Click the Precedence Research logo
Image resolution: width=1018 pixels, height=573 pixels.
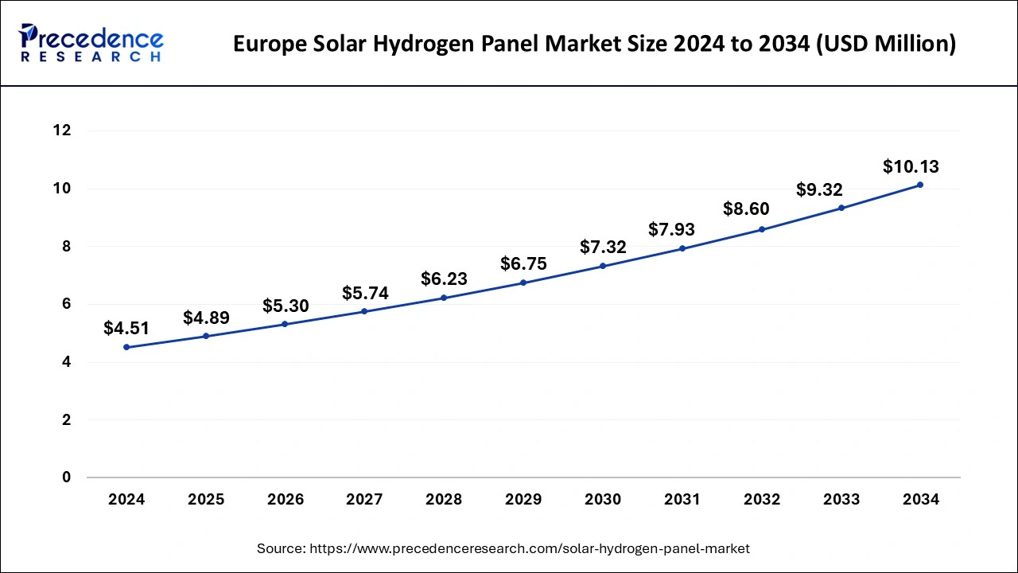[x=91, y=43]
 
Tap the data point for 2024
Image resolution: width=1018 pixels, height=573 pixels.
[x=126, y=347]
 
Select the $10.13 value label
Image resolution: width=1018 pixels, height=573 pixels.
[x=911, y=166]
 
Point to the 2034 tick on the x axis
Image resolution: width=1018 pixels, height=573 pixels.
[x=921, y=500]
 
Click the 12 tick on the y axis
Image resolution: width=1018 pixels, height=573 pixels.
[x=62, y=131]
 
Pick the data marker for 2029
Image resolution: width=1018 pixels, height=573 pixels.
[x=523, y=283]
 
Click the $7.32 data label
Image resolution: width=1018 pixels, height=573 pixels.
[x=603, y=247]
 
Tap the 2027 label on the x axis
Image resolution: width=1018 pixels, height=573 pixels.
[x=364, y=500]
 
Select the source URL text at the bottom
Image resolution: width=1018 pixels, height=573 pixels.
[x=503, y=548]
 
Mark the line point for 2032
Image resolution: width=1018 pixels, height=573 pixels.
[x=762, y=229]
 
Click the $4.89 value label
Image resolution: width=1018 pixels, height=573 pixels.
[x=206, y=318]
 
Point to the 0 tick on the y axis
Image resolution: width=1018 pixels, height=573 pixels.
[x=67, y=477]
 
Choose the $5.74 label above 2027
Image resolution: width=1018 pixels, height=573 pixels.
[x=365, y=293]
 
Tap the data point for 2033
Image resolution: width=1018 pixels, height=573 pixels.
[x=841, y=208]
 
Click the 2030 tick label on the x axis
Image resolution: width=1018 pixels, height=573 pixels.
[x=603, y=500]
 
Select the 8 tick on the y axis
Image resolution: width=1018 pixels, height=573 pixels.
[x=67, y=247]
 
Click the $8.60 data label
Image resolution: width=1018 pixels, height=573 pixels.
[x=746, y=209]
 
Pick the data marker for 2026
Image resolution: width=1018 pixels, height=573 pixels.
[x=286, y=324]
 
